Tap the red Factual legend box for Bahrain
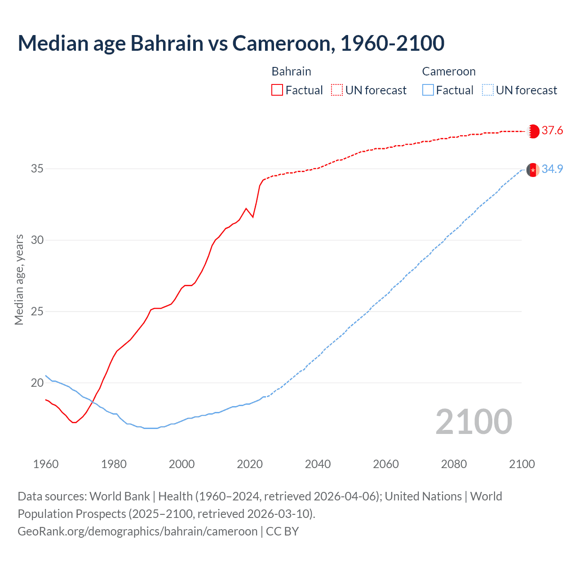click(x=277, y=90)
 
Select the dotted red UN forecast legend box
click(x=337, y=90)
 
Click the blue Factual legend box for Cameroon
click(x=428, y=90)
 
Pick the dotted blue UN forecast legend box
click(x=487, y=90)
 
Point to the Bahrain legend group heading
click(x=291, y=71)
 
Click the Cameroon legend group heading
click(x=448, y=71)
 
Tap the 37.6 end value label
click(x=552, y=131)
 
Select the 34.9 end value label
click(x=552, y=169)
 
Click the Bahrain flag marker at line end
click(x=533, y=131)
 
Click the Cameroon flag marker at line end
click(x=533, y=170)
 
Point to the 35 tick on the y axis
click(x=37, y=169)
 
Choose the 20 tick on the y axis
click(x=37, y=383)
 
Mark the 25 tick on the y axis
click(x=37, y=312)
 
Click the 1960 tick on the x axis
click(x=46, y=464)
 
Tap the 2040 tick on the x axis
click(x=318, y=464)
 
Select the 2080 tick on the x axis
click(x=454, y=464)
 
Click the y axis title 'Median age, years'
click(x=19, y=279)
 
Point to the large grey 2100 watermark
click(x=473, y=422)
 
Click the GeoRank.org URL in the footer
click(x=137, y=531)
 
